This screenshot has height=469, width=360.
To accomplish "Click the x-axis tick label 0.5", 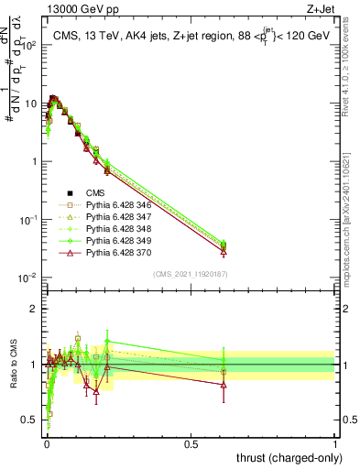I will point(191,443).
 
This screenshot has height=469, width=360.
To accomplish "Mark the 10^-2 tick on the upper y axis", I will point(29,278).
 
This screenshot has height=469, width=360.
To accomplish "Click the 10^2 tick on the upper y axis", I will point(29,45).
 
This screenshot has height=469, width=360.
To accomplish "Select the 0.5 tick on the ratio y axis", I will point(32,420).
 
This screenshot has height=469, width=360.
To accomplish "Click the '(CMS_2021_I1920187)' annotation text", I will point(191,273).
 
